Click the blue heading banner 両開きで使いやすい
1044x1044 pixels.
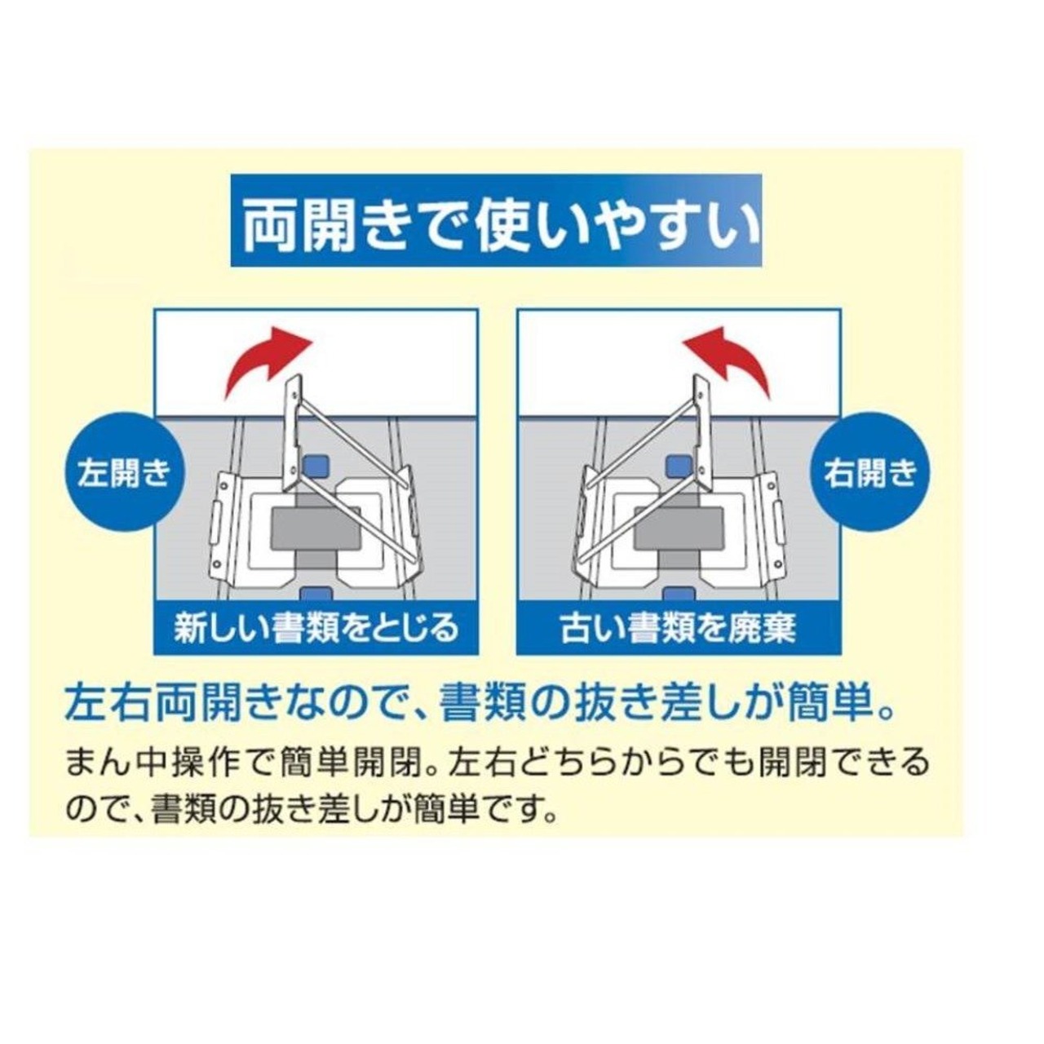[x=496, y=220]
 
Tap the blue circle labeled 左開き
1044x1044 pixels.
[x=124, y=473]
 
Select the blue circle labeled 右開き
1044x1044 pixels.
[x=870, y=473]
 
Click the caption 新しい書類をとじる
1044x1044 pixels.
[x=316, y=628]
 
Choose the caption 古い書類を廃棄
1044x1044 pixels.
[x=679, y=628]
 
